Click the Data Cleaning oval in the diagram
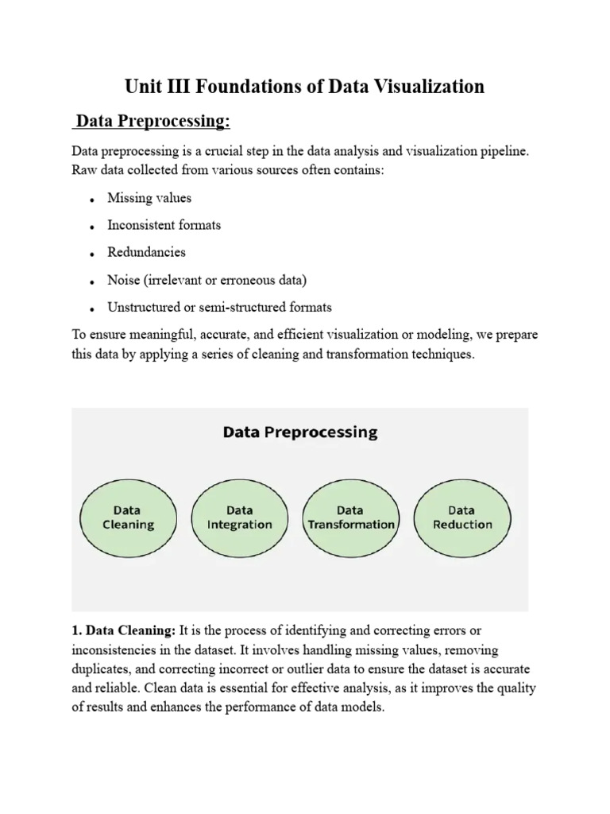pos(128,517)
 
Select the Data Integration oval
pos(239,517)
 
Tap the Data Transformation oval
pos(350,517)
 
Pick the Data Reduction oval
pos(461,517)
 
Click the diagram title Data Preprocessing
pos(300,433)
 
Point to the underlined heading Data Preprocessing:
pos(152,121)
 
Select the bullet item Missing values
pos(149,198)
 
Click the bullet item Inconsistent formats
pos(164,225)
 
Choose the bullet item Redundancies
pos(146,252)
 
